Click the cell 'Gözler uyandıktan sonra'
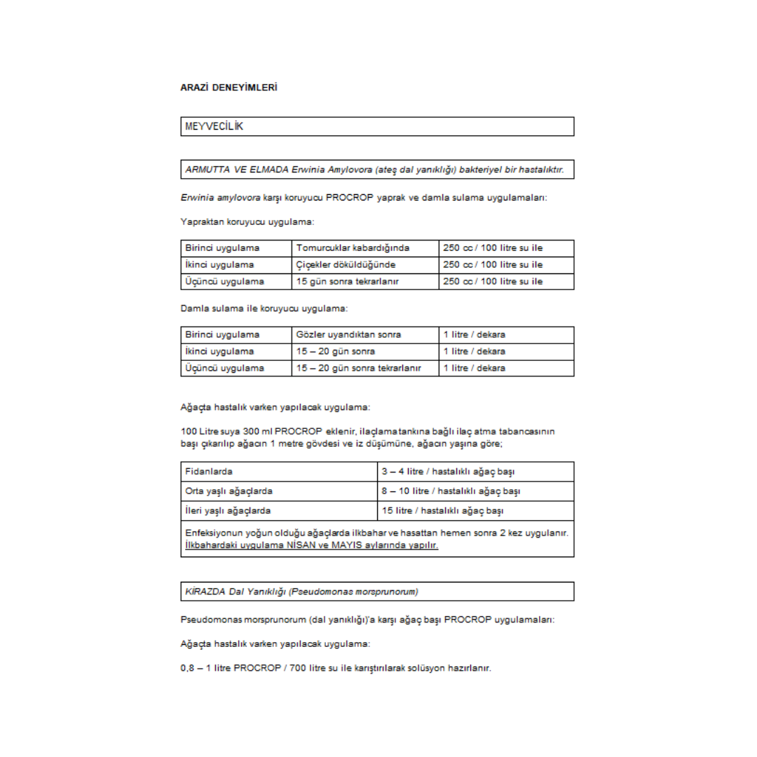(348, 334)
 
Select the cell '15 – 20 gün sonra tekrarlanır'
(358, 367)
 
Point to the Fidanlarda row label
(209, 470)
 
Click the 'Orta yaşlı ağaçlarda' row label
(229, 490)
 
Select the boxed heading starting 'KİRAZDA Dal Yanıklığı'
(301, 591)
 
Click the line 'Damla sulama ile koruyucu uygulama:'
(264, 308)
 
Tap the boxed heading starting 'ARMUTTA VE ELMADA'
(374, 169)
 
